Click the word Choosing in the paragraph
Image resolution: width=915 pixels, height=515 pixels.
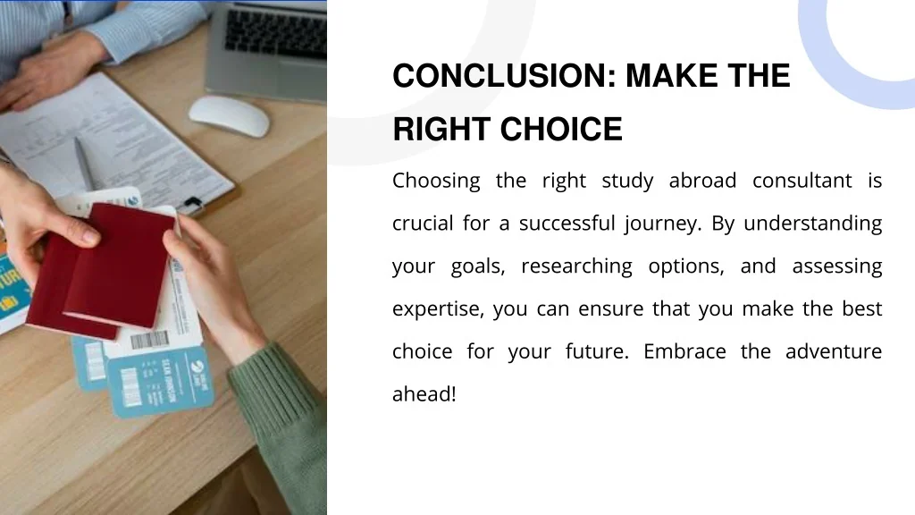436,182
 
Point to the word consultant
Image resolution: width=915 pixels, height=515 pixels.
802,181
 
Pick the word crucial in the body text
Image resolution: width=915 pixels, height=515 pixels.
423,223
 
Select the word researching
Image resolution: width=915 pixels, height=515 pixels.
576,266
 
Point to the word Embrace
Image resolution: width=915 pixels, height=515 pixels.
684,350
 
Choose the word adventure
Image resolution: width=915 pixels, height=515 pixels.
834,350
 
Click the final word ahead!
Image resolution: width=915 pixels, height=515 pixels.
424,393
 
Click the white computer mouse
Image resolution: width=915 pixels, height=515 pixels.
230,115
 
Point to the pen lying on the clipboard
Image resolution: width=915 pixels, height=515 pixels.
84,164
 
